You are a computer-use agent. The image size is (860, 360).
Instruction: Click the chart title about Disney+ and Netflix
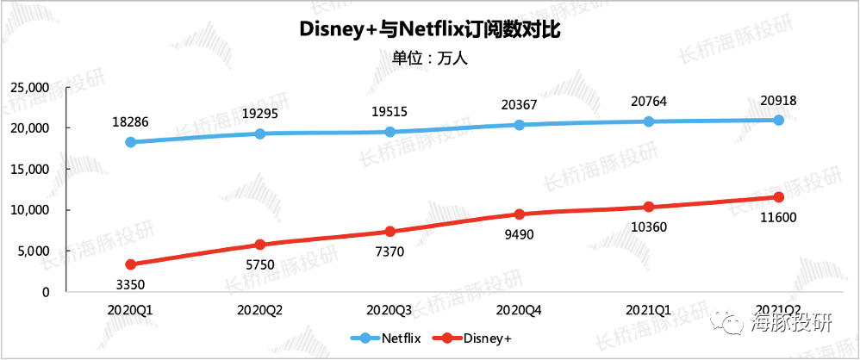(429, 30)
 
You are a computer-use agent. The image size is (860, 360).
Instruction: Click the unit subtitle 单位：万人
(429, 59)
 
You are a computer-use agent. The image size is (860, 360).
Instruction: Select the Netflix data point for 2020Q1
(130, 142)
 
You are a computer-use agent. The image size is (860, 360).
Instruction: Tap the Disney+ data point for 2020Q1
(130, 264)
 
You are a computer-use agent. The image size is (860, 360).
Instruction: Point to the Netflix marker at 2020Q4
(519, 125)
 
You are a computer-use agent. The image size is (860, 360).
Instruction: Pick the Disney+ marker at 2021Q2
(778, 197)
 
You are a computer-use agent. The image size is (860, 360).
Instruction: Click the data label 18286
(130, 122)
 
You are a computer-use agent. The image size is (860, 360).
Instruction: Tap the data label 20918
(778, 101)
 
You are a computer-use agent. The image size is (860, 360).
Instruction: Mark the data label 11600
(778, 217)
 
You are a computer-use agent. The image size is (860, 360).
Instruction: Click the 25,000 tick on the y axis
(28, 87)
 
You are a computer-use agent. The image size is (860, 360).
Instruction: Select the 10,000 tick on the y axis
(28, 210)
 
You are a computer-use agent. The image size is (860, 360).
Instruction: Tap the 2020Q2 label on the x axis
(260, 309)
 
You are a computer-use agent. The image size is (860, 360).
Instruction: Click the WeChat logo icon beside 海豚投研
(721, 324)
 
